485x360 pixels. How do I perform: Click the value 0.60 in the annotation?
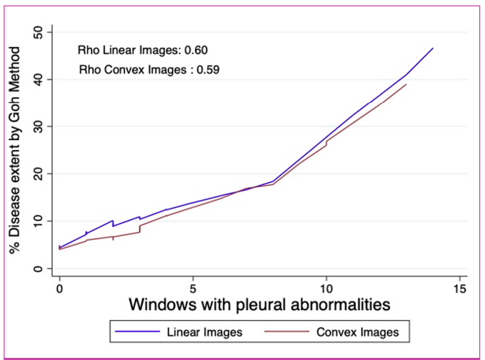[196, 51]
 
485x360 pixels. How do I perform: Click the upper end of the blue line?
[433, 48]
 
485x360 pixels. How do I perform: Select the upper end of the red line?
[406, 84]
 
